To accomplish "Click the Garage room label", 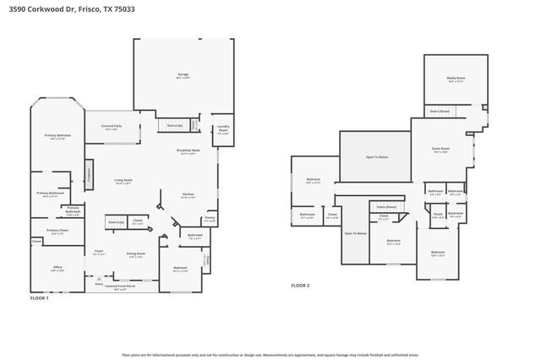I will tap(183, 76).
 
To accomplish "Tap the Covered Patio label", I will tap(110, 128).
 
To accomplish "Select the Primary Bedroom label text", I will tap(57, 136).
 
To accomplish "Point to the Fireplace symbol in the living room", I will tap(89, 172).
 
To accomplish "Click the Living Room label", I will tap(123, 181).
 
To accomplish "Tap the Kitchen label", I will tap(189, 195).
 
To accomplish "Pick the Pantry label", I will tap(210, 218).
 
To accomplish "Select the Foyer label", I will tap(99, 252).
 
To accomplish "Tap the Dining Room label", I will tap(136, 254).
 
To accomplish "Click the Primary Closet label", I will tap(57, 232).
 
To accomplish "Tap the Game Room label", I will tap(440, 150).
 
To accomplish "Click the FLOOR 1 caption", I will tap(39, 298).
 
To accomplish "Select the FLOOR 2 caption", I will tap(300, 286).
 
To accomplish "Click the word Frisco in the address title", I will tap(84, 8).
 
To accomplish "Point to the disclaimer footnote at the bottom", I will tap(270, 355).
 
